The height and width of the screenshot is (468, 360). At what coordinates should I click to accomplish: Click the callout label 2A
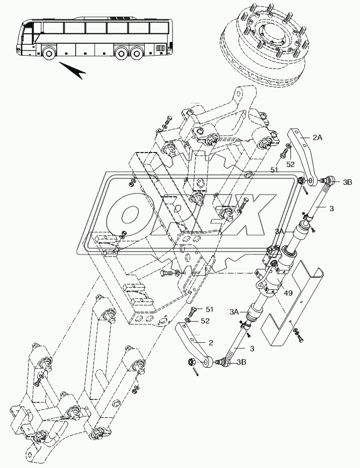point(318,138)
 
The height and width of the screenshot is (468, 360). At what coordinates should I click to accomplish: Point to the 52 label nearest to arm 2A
point(290,163)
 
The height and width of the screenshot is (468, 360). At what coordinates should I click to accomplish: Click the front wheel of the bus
point(49,53)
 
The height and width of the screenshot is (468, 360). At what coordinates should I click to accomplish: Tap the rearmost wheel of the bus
point(136,53)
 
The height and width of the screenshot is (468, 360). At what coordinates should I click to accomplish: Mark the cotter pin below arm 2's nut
point(197,372)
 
